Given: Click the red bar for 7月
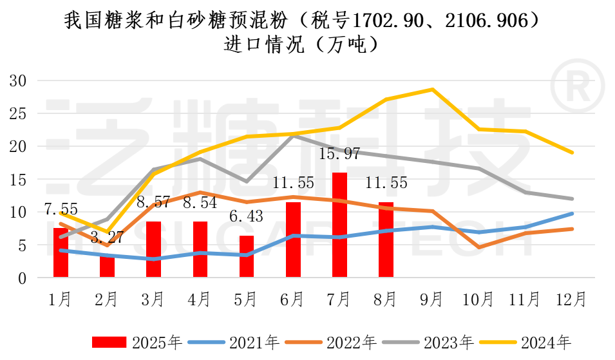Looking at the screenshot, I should [x=339, y=225].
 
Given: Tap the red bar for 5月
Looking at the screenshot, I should [x=247, y=256].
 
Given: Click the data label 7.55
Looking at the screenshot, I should [x=61, y=209].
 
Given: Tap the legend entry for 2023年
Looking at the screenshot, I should [x=430, y=342].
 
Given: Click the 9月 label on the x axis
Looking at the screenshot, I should [x=432, y=299].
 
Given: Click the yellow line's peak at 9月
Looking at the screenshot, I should [x=433, y=90].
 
